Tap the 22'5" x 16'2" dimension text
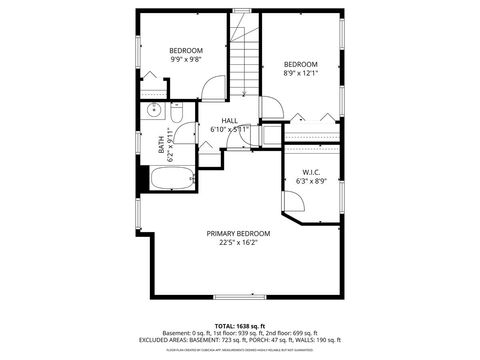[x=238, y=241]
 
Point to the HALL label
[x=230, y=120]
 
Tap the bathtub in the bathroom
[x=173, y=180]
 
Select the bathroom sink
[x=154, y=111]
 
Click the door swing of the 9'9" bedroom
[x=213, y=88]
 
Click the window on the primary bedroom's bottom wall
[x=239, y=296]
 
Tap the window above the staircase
[x=241, y=11]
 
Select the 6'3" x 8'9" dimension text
[x=309, y=181]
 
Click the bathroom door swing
[x=207, y=155]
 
